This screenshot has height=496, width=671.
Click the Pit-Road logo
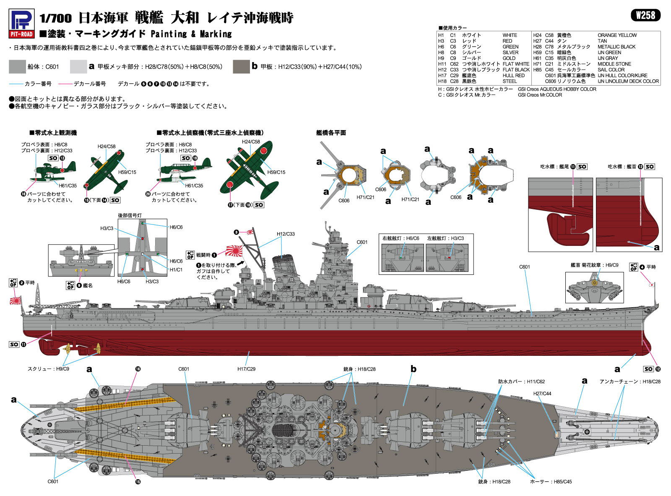pyautogui.click(x=21, y=23)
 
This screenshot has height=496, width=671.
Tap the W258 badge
pyautogui.click(x=645, y=15)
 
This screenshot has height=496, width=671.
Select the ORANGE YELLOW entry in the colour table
pyautogui.click(x=617, y=35)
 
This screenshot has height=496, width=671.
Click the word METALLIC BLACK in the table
pyautogui.click(x=616, y=47)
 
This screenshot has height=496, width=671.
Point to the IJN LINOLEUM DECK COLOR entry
pyautogui.click(x=628, y=81)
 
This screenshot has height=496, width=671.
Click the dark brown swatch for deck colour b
pyautogui.click(x=241, y=67)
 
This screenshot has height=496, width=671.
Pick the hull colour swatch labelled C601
pyautogui.click(x=17, y=67)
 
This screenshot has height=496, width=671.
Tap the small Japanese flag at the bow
pyautogui.click(x=651, y=285)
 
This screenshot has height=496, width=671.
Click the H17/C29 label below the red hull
pyautogui.click(x=246, y=369)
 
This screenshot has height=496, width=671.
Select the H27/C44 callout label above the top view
pyautogui.click(x=542, y=393)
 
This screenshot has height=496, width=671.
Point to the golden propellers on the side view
pyautogui.click(x=82, y=350)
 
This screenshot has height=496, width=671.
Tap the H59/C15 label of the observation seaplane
pyautogui.click(x=127, y=172)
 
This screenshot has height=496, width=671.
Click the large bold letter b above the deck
pyautogui.click(x=413, y=369)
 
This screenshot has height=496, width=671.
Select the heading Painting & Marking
pyautogui.click(x=191, y=34)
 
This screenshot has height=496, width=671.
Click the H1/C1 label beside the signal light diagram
pyautogui.click(x=176, y=269)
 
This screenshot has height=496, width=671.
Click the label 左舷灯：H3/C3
pyautogui.click(x=445, y=238)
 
